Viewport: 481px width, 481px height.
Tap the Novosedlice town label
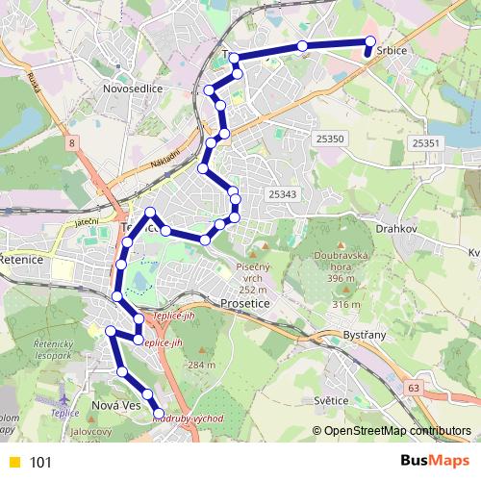click(x=133, y=89)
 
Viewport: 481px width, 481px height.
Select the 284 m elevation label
click(x=201, y=366)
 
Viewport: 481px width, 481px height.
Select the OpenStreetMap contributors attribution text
click(x=396, y=431)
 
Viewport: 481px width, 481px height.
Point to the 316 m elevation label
click(x=344, y=305)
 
